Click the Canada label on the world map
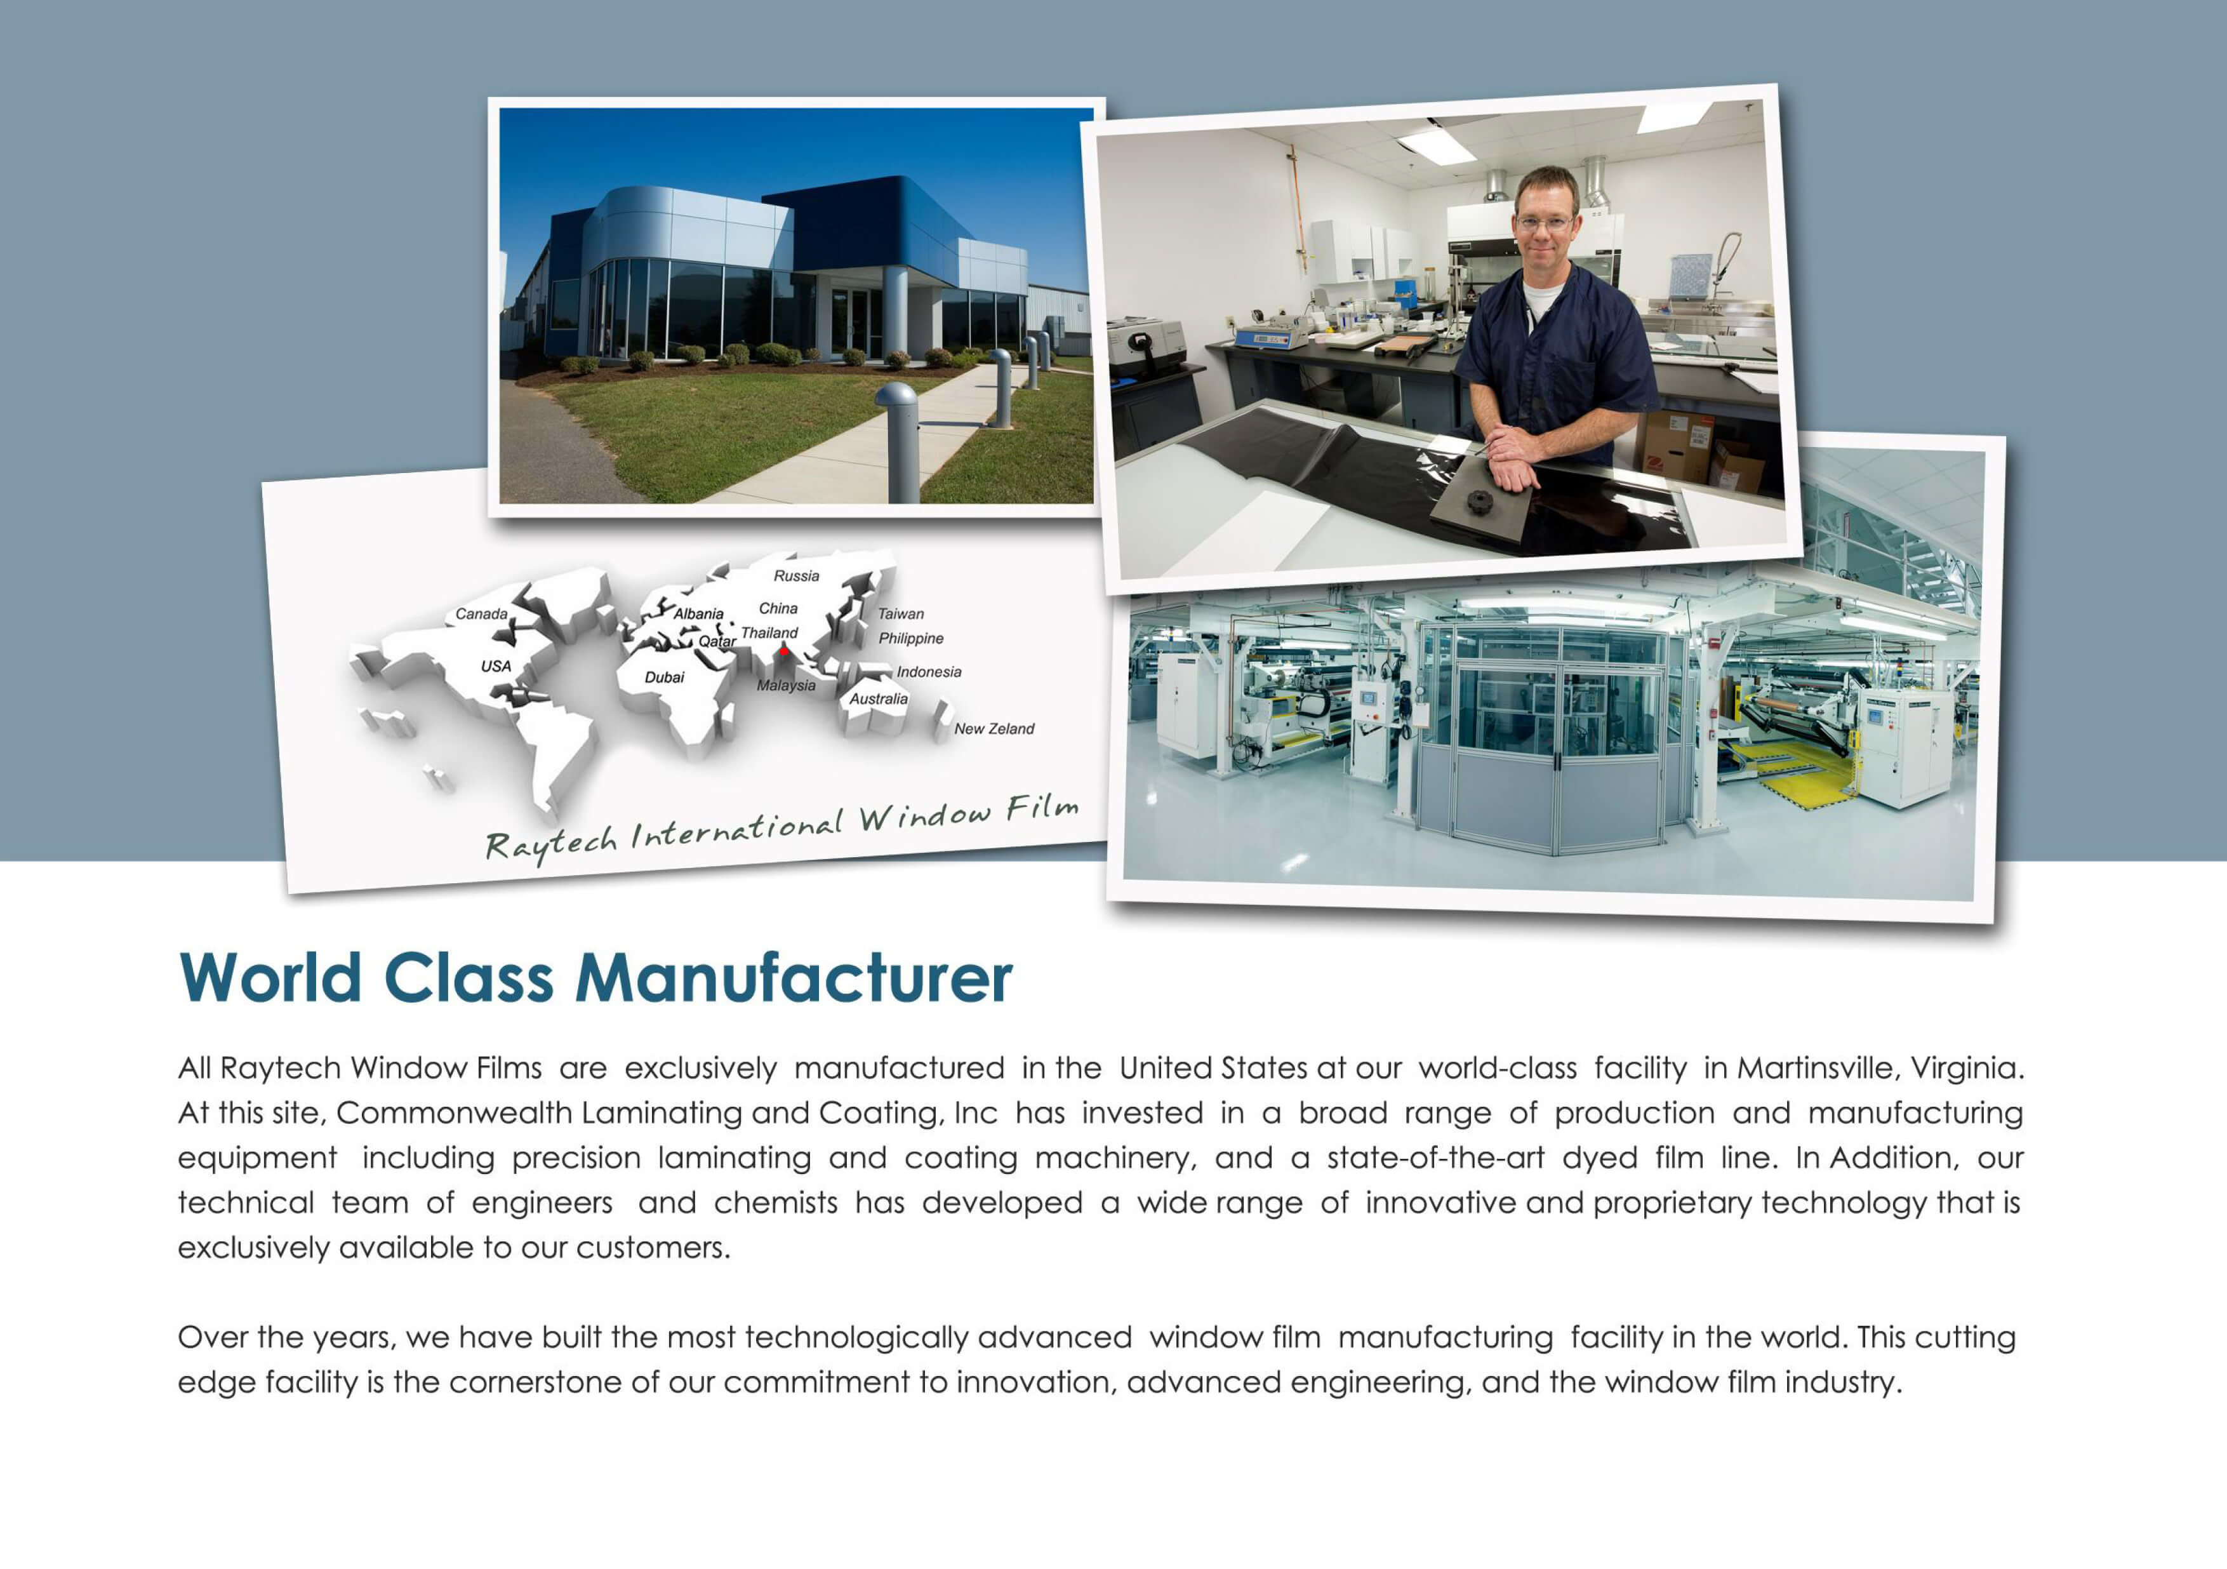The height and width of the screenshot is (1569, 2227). (481, 614)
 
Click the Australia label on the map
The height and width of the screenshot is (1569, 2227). (879, 698)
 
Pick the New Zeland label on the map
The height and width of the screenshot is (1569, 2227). (994, 729)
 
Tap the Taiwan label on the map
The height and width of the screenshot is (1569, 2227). (901, 614)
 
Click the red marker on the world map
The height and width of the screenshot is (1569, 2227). (784, 651)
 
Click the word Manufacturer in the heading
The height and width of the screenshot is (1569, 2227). (794, 977)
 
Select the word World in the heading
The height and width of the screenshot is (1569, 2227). (270, 977)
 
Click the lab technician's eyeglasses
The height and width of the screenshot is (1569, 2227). (1544, 223)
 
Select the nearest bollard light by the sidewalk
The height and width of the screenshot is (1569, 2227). (898, 441)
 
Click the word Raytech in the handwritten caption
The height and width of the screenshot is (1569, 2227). (550, 842)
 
